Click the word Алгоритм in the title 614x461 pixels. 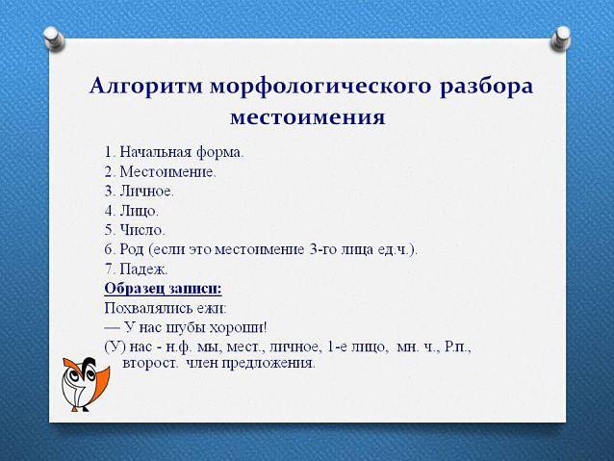point(146,87)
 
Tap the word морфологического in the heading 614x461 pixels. point(320,88)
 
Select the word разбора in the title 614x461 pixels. point(486,88)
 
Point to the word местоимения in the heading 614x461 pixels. point(308,117)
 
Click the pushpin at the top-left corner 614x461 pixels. point(54,38)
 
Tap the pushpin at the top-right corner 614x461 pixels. point(560,38)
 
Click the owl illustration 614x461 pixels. point(85,384)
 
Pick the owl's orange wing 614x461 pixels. point(100,382)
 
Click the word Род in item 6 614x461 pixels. point(132,250)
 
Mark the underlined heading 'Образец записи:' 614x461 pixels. point(163,289)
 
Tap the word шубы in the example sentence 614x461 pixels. point(185,328)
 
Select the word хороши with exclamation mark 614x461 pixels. point(239,328)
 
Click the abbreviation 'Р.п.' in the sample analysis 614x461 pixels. point(458,347)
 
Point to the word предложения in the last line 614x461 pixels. point(269,364)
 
